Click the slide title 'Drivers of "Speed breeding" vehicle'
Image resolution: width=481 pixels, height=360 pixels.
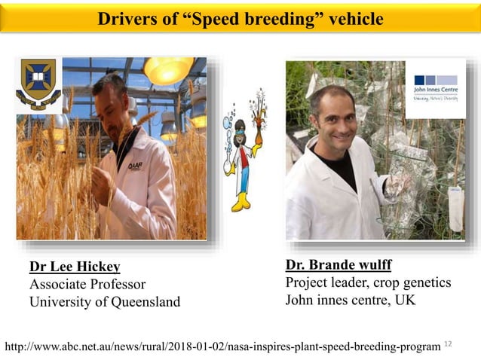240,19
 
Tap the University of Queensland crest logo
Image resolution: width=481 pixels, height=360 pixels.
38,85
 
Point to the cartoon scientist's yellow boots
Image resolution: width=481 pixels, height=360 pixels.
242,201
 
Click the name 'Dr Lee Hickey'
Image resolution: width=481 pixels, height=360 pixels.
75,267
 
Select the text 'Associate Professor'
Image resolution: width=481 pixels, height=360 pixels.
87,284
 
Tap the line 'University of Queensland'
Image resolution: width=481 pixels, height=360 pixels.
105,302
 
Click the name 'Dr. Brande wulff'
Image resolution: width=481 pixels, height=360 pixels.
338,265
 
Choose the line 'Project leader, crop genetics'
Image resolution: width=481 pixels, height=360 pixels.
368,282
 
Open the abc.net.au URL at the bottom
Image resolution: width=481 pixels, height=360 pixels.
222,346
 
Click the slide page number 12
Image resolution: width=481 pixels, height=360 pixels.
449,343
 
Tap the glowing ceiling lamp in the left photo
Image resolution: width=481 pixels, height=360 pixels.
169,70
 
